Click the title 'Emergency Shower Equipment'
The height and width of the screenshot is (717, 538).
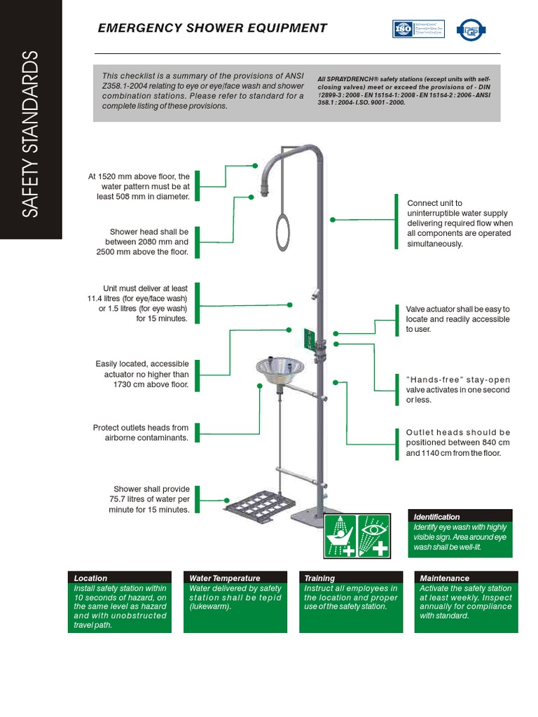click(x=212, y=28)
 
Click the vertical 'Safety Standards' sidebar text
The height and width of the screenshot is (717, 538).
click(x=31, y=133)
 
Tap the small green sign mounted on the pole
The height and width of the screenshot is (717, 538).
click(x=308, y=338)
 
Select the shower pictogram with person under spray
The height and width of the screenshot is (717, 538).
click(x=340, y=536)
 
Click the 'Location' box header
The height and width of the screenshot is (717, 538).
click(x=90, y=578)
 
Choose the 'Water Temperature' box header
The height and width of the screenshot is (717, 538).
click(x=225, y=578)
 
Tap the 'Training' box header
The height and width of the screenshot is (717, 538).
click(x=319, y=578)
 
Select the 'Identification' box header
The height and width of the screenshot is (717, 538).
click(x=436, y=516)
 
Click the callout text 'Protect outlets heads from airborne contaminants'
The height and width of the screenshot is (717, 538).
click(x=141, y=432)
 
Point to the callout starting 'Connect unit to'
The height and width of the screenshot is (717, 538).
click(x=460, y=223)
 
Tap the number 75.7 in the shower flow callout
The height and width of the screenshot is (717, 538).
click(x=123, y=499)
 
